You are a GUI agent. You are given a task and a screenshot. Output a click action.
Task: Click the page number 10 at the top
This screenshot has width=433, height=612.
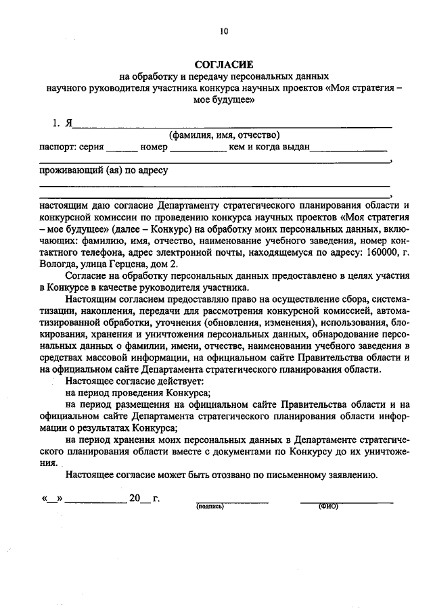point(224,30)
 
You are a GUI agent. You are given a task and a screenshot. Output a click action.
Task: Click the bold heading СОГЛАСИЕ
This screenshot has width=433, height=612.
point(224,64)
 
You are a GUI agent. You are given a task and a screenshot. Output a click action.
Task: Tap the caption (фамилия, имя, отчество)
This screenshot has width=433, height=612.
point(224,135)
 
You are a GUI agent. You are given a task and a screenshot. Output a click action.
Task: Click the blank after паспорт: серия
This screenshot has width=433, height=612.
point(121,149)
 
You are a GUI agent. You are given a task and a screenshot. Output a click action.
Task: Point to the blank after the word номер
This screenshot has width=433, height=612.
point(198,149)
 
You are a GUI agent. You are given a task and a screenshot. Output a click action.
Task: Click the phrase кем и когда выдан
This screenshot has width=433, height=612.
point(269,146)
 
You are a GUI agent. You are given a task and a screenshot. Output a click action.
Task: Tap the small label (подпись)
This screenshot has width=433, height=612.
point(210,506)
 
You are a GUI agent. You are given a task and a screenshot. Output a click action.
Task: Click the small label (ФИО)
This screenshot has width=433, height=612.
point(327,506)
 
